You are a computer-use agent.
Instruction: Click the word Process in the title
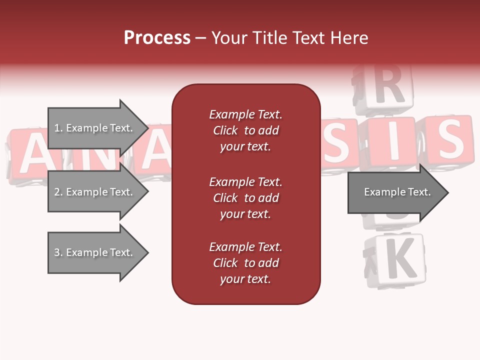coord(157,38)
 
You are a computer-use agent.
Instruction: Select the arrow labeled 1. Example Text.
coord(95,128)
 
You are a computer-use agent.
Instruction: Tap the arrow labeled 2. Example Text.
coord(95,192)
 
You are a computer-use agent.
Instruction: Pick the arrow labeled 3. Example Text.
coord(95,252)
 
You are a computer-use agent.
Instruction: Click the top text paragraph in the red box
coord(245,130)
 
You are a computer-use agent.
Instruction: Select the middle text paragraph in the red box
coord(245,198)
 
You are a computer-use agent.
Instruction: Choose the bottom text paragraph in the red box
coord(245,263)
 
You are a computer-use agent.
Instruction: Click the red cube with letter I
coord(392,142)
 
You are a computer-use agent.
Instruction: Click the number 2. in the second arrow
coord(57,192)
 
